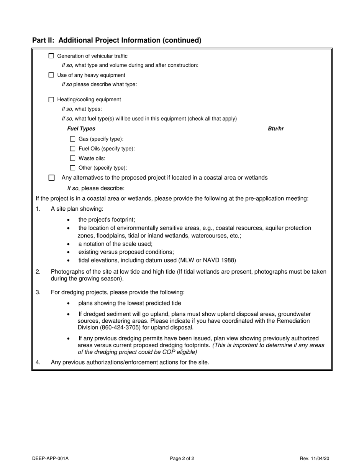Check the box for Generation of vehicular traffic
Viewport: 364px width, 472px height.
pyautogui.click(x=51, y=56)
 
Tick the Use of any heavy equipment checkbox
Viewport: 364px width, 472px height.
pyautogui.click(x=51, y=75)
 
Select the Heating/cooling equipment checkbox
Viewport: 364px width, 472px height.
pyautogui.click(x=51, y=99)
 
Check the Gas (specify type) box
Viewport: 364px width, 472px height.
pyautogui.click(x=73, y=139)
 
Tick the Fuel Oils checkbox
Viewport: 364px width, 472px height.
pyautogui.click(x=73, y=149)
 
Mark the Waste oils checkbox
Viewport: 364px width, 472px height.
pyautogui.click(x=73, y=158)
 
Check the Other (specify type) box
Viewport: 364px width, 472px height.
pyautogui.click(x=73, y=168)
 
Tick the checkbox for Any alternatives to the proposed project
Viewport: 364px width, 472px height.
pyautogui.click(x=52, y=178)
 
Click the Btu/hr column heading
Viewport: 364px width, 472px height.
pyautogui.click(x=275, y=129)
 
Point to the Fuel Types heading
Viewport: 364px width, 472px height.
pyautogui.click(x=81, y=129)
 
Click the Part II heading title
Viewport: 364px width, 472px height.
pyautogui.click(x=116, y=40)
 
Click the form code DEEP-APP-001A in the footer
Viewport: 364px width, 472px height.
pyautogui.click(x=51, y=458)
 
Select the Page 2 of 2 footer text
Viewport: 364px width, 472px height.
pyautogui.click(x=182, y=458)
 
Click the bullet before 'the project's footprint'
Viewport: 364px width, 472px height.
pyautogui.click(x=68, y=220)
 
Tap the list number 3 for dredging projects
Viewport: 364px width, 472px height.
pyautogui.click(x=38, y=292)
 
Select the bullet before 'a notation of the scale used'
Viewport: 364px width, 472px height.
pyautogui.click(x=68, y=244)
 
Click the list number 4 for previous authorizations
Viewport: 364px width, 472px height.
pyautogui.click(x=38, y=362)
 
